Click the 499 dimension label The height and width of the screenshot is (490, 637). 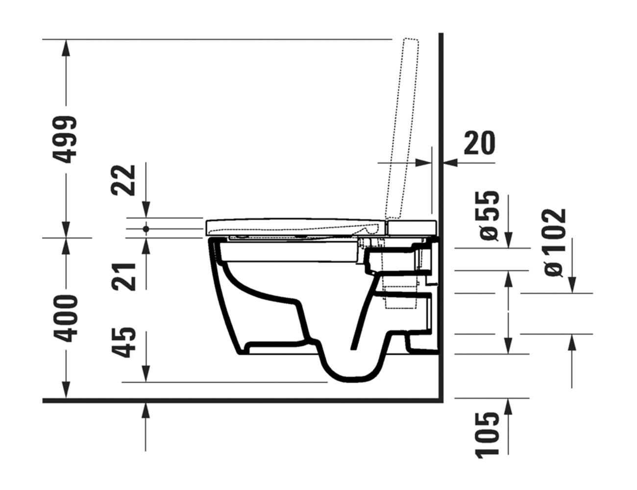[x=65, y=139]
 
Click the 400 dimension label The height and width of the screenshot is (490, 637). [x=66, y=318]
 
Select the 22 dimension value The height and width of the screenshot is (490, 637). [x=123, y=180]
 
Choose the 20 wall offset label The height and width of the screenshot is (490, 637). [x=480, y=143]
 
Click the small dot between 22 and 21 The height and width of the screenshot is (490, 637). [x=147, y=229]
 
